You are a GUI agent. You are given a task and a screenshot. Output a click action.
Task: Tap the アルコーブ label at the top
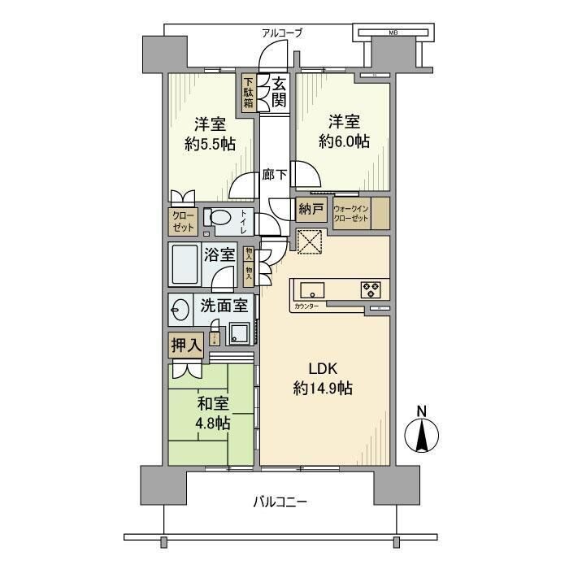(x=281, y=33)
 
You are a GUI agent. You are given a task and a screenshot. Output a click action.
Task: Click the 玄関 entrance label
(x=279, y=91)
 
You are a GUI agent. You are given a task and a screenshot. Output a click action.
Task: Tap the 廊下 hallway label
(x=274, y=173)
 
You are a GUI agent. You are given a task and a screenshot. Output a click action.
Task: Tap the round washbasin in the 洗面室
(x=180, y=309)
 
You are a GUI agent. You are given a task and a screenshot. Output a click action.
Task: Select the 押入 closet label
(x=185, y=345)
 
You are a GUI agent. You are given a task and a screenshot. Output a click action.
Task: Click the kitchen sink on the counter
(x=312, y=290)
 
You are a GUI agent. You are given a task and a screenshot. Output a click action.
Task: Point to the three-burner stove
(x=371, y=289)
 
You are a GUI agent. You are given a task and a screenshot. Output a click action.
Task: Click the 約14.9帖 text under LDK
(x=323, y=389)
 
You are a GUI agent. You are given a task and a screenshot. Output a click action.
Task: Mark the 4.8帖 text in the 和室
(x=211, y=423)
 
